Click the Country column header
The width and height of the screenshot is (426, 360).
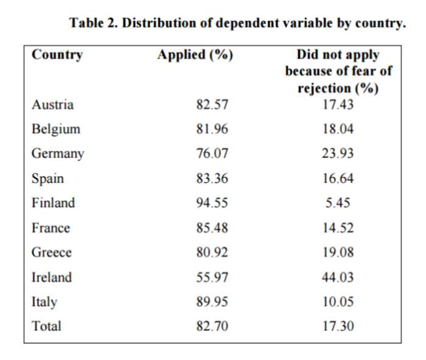[57, 55]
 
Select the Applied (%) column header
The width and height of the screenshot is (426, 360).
[195, 55]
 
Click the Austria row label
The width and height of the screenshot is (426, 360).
[52, 105]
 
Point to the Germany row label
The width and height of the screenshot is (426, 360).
[58, 154]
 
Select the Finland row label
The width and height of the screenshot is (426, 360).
[54, 203]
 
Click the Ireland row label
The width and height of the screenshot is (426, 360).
[52, 277]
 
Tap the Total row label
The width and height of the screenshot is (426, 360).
[46, 326]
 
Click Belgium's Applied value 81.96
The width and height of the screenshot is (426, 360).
[212, 129]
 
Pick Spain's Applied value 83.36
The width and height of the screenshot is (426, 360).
[212, 178]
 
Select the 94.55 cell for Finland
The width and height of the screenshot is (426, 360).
[212, 203]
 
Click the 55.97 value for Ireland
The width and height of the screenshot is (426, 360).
[212, 277]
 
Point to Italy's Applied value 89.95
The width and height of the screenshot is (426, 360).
[212, 302]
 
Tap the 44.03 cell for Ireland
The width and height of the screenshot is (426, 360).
[338, 277]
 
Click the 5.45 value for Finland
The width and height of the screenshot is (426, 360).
[338, 203]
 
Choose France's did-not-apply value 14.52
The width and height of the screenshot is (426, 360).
[338, 228]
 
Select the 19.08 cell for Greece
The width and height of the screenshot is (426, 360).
[338, 252]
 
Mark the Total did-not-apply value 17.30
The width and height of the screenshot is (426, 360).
[338, 326]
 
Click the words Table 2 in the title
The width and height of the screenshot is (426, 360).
[94, 23]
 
